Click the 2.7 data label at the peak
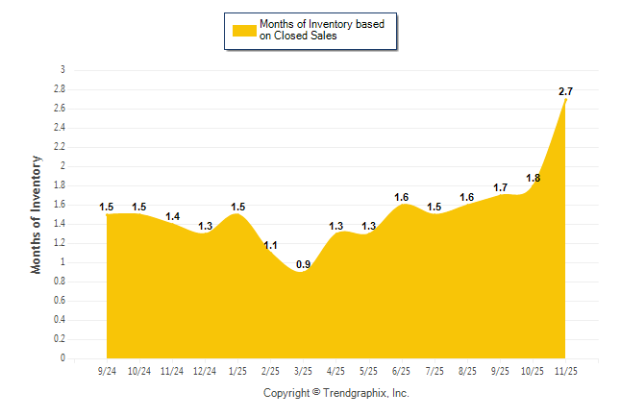(566, 91)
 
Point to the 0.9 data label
(303, 264)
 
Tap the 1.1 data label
(270, 245)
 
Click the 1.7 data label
(501, 187)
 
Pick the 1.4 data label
(172, 217)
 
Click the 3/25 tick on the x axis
(303, 370)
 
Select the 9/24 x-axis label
(107, 370)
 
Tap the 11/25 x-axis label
(566, 370)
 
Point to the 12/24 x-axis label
(205, 370)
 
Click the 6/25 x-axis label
(402, 370)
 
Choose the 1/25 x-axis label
(238, 370)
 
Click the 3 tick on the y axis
(63, 70)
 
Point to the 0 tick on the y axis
(63, 358)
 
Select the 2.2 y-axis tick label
(60, 147)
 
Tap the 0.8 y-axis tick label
(60, 282)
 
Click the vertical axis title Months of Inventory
(37, 214)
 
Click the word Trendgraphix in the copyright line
(358, 393)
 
